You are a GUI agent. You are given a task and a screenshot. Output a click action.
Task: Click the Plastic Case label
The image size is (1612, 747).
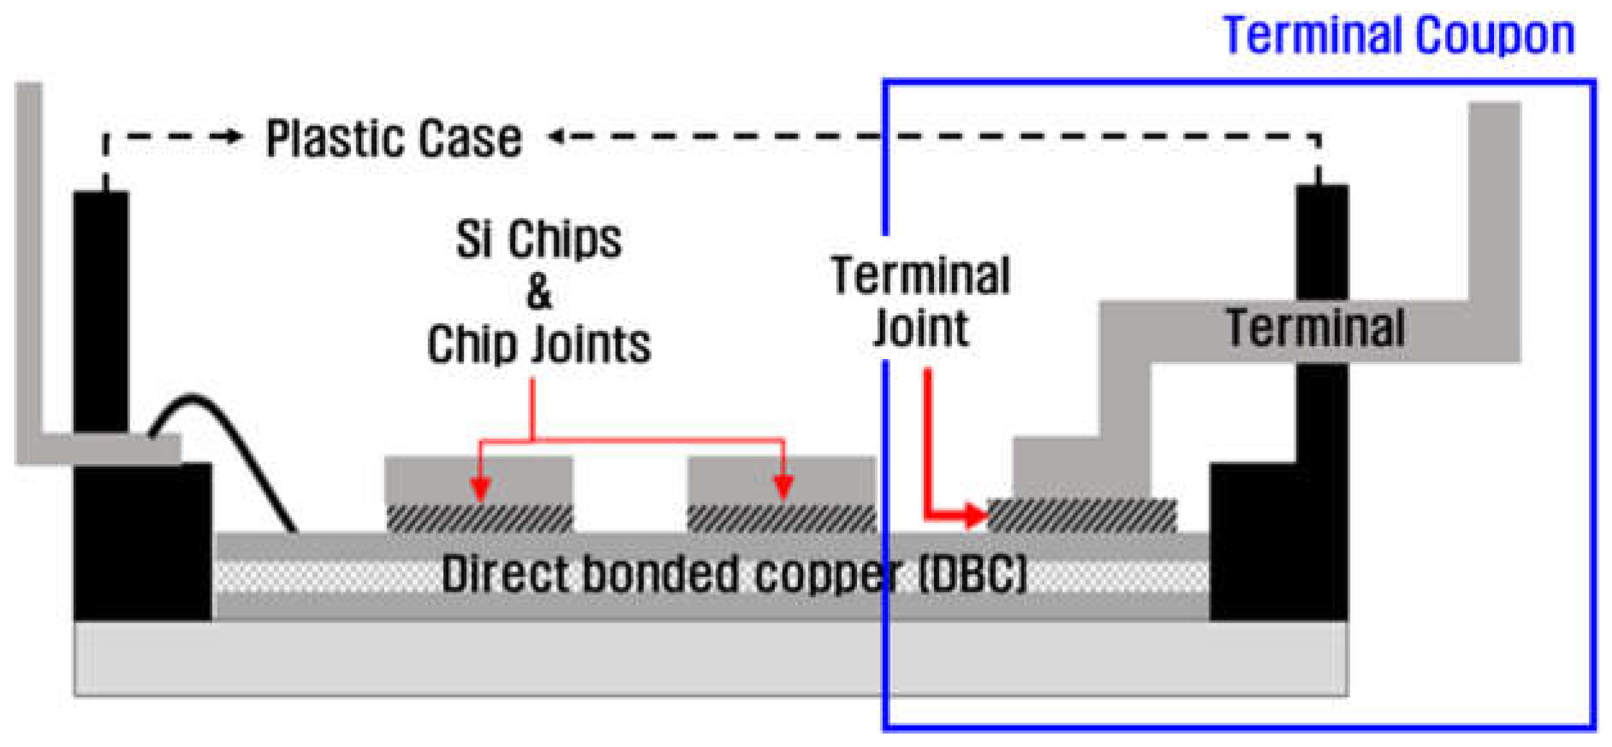394,138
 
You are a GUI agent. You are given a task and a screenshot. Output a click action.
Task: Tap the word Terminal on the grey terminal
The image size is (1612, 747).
1315,328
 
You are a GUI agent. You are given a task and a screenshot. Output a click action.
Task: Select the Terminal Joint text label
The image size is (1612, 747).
921,301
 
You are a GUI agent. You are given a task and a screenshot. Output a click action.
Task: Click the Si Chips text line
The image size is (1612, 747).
538,239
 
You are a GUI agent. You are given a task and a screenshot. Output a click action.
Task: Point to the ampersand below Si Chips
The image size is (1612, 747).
538,292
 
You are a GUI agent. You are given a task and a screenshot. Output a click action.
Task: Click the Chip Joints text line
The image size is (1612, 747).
538,345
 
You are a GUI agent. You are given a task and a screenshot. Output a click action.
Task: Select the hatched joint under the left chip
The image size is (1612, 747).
479,519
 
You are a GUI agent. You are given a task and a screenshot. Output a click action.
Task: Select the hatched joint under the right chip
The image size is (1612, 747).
781,519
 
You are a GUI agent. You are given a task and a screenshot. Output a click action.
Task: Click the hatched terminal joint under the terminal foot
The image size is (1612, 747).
1081,516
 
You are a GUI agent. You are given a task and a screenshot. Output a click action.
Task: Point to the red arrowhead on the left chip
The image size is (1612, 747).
480,489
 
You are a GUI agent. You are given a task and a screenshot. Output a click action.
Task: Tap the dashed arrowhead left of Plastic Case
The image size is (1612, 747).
235,136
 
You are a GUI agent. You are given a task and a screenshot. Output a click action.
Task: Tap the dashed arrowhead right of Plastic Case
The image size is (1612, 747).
556,136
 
